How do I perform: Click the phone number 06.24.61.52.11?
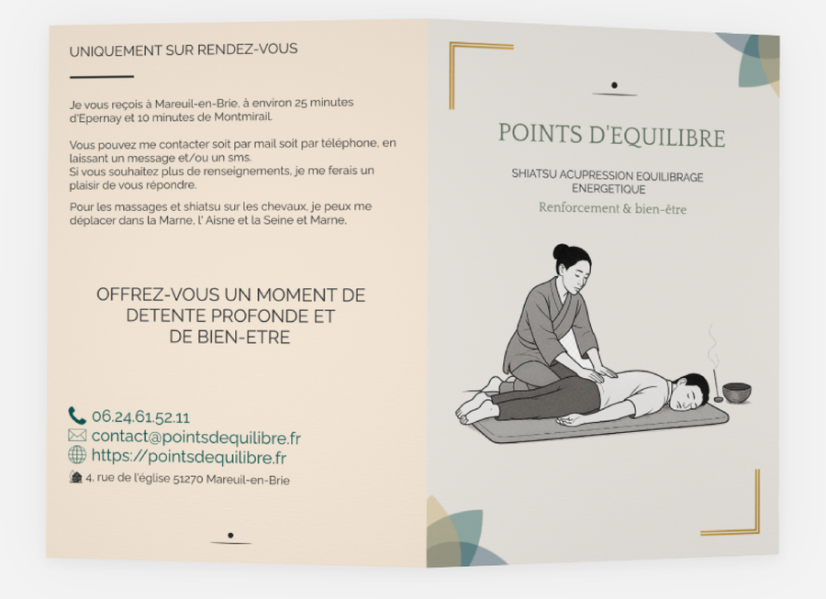point(140,417)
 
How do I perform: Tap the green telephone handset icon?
point(77,416)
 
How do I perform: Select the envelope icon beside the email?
point(77,436)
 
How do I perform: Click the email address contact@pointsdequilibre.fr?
point(196,437)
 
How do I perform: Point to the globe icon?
point(77,454)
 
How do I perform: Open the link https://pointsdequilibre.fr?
point(188,456)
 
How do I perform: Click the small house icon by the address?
point(76,477)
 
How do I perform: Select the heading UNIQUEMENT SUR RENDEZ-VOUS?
point(184,50)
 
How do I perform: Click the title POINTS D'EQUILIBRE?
point(611,135)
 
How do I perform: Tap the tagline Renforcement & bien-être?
point(612,208)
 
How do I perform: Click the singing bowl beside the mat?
point(736,393)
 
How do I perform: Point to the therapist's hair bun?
point(562,251)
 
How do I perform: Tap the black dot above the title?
point(614,85)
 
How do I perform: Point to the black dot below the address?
point(230,536)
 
